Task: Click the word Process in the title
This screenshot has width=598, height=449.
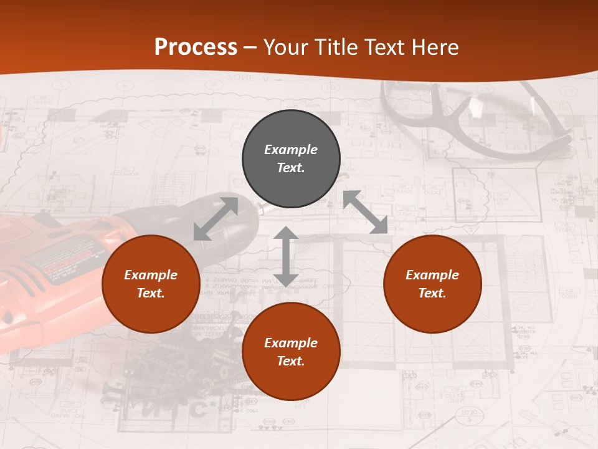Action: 196,47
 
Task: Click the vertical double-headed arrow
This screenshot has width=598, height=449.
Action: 286,256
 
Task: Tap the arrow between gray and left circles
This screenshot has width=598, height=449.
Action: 216,218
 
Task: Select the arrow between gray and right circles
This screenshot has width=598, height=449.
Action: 365,212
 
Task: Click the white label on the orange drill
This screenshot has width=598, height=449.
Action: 59,262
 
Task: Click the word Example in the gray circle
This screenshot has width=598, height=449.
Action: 291,150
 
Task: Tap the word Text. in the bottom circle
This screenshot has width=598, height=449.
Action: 291,361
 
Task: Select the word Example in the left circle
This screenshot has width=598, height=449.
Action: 151,275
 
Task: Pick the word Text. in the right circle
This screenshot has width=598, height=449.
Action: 432,293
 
